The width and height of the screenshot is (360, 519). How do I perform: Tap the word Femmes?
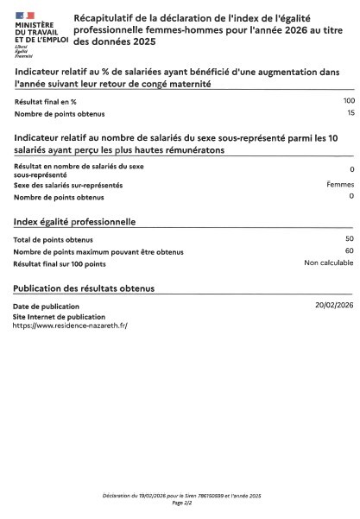coord(340,184)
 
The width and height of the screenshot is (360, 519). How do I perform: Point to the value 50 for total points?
coord(350,238)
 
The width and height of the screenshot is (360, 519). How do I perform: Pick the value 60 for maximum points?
coord(350,250)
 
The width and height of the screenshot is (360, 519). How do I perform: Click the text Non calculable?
coord(329,263)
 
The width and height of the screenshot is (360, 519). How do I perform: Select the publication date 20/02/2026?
coord(334,306)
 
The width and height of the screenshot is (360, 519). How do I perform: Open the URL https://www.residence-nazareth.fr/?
coord(64,326)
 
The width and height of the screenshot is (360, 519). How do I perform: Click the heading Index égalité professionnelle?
coord(74,222)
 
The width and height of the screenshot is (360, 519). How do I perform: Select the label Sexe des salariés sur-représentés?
coord(68,185)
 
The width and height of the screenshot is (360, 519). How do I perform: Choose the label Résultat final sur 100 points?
coord(60,263)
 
